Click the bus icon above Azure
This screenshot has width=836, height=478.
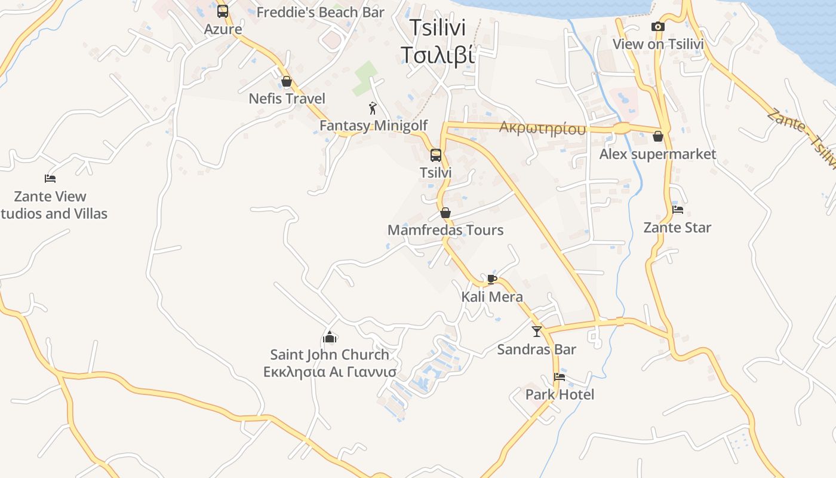223,11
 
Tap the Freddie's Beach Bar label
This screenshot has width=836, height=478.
320,12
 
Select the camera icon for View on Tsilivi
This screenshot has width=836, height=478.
657,26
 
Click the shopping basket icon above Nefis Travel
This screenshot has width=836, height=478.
287,81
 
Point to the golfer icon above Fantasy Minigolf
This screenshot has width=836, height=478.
373,108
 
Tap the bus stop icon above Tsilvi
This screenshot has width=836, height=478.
436,155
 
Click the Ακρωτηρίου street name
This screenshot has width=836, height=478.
542,128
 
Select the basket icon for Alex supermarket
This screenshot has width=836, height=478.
657,136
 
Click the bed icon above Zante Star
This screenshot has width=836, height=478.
677,210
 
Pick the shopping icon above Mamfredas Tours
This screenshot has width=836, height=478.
445,213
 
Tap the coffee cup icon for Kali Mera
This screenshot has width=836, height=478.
491,279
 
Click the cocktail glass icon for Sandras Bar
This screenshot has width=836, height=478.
536,331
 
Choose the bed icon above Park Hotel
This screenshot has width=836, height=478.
559,377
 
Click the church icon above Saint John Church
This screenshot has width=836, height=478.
330,337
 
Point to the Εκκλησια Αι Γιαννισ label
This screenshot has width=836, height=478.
330,372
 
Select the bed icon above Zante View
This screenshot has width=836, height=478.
50,178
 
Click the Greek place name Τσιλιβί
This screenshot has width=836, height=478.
438,54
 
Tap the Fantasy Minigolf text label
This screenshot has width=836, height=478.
374,125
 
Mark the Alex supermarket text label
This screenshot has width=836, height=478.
657,154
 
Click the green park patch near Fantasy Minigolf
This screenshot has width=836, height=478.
366,78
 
